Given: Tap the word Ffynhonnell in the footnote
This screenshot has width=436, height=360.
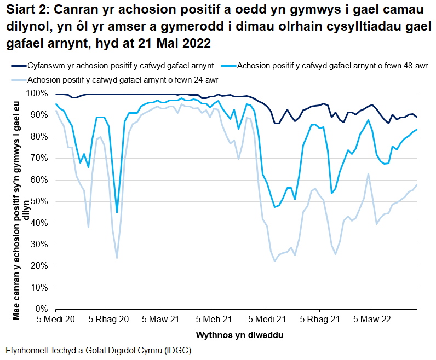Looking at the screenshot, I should pos(27,351).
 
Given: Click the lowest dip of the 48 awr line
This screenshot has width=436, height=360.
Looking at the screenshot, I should pos(117,212).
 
